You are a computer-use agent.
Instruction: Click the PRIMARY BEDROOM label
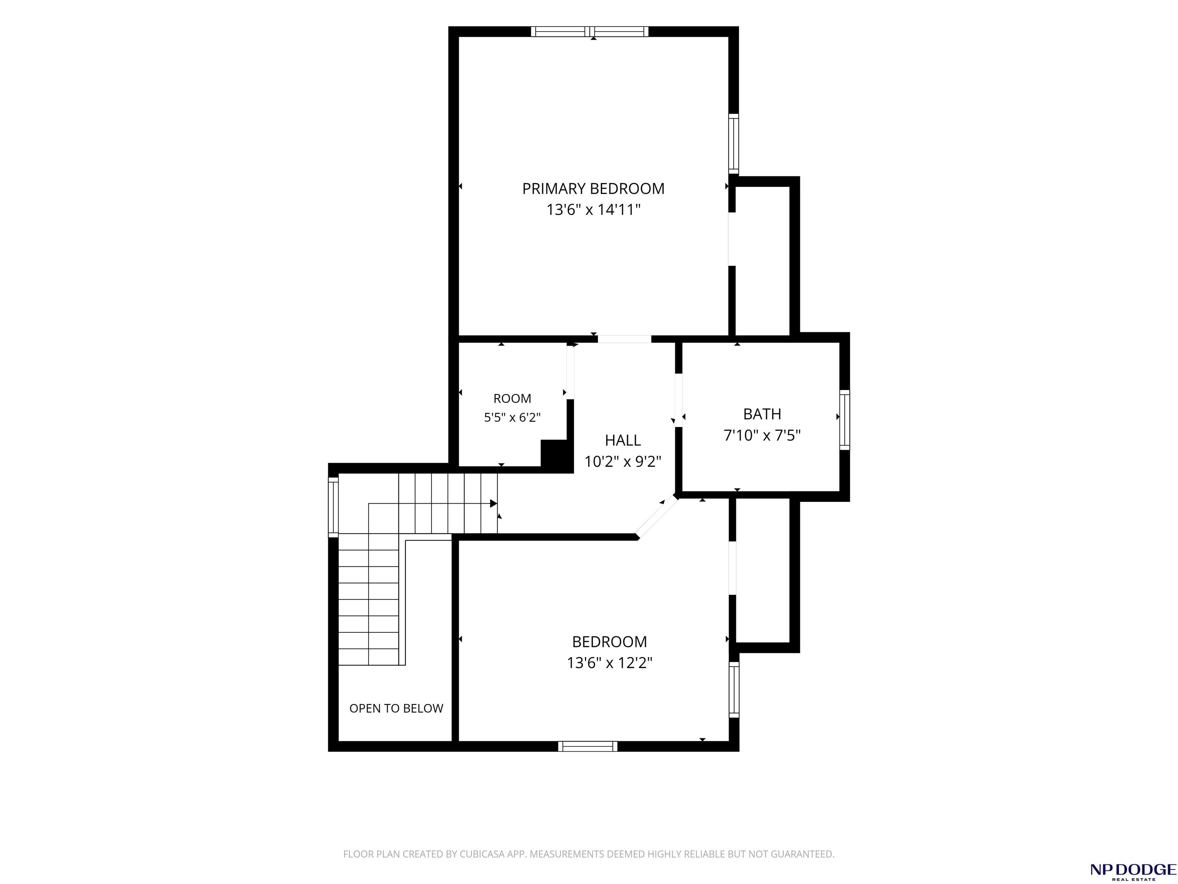pos(593,189)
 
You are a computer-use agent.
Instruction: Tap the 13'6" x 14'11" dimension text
pos(593,209)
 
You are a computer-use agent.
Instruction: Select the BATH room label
pos(762,414)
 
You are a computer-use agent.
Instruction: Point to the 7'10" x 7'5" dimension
pos(762,435)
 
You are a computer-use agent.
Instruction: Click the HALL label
pos(622,440)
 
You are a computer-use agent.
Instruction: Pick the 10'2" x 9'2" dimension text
pos(622,462)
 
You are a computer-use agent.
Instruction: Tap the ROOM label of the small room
pos(512,399)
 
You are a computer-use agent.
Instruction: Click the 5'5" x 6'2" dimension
pos(512,417)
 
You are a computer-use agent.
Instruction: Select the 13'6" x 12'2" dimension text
pos(610,663)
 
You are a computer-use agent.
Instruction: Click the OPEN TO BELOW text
pos(396,708)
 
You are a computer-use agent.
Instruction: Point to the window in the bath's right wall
pos(845,420)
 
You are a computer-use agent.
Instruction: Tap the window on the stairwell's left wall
pos(333,507)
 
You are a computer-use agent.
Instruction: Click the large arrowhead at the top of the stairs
pos(494,503)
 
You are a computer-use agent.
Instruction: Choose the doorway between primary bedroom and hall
pos(625,339)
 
